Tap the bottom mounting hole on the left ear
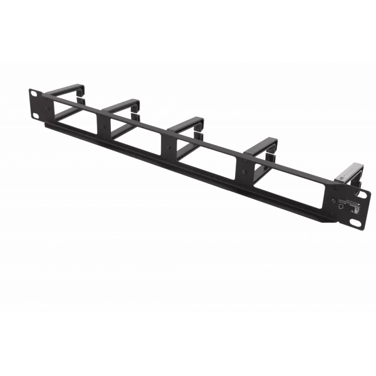click(x=35, y=114)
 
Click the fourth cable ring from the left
click(x=262, y=145)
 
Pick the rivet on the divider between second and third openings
click(x=168, y=148)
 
